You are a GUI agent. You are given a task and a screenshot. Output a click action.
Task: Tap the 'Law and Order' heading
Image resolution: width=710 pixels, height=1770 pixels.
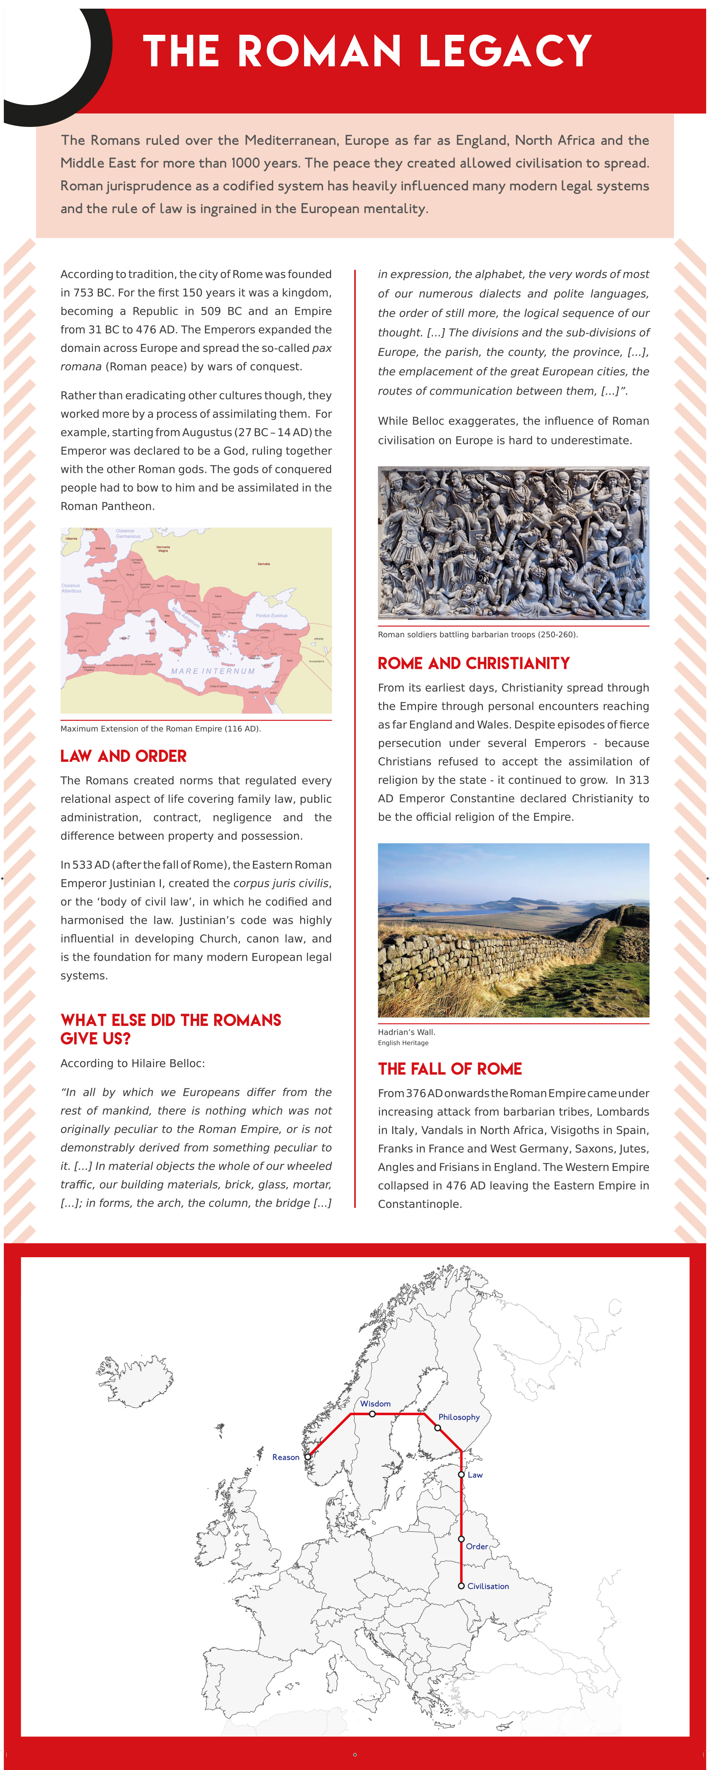(x=124, y=756)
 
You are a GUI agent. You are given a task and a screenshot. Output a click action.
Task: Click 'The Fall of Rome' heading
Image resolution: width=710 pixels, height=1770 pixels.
(x=450, y=1069)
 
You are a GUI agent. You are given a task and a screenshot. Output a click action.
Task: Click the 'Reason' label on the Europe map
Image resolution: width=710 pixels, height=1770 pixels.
(x=286, y=1457)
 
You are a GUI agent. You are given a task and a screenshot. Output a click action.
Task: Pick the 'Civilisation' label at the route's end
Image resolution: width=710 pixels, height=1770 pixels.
(x=488, y=1586)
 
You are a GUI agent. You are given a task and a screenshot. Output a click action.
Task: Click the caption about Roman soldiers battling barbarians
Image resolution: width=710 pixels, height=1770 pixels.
(x=477, y=634)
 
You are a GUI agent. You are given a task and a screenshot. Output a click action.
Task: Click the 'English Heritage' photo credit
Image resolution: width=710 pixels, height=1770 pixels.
(x=403, y=1043)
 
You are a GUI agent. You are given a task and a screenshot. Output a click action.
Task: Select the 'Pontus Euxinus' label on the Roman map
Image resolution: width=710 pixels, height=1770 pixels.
(x=271, y=616)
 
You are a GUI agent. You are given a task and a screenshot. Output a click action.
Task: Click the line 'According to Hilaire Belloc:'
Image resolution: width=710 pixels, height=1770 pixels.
(x=132, y=1063)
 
